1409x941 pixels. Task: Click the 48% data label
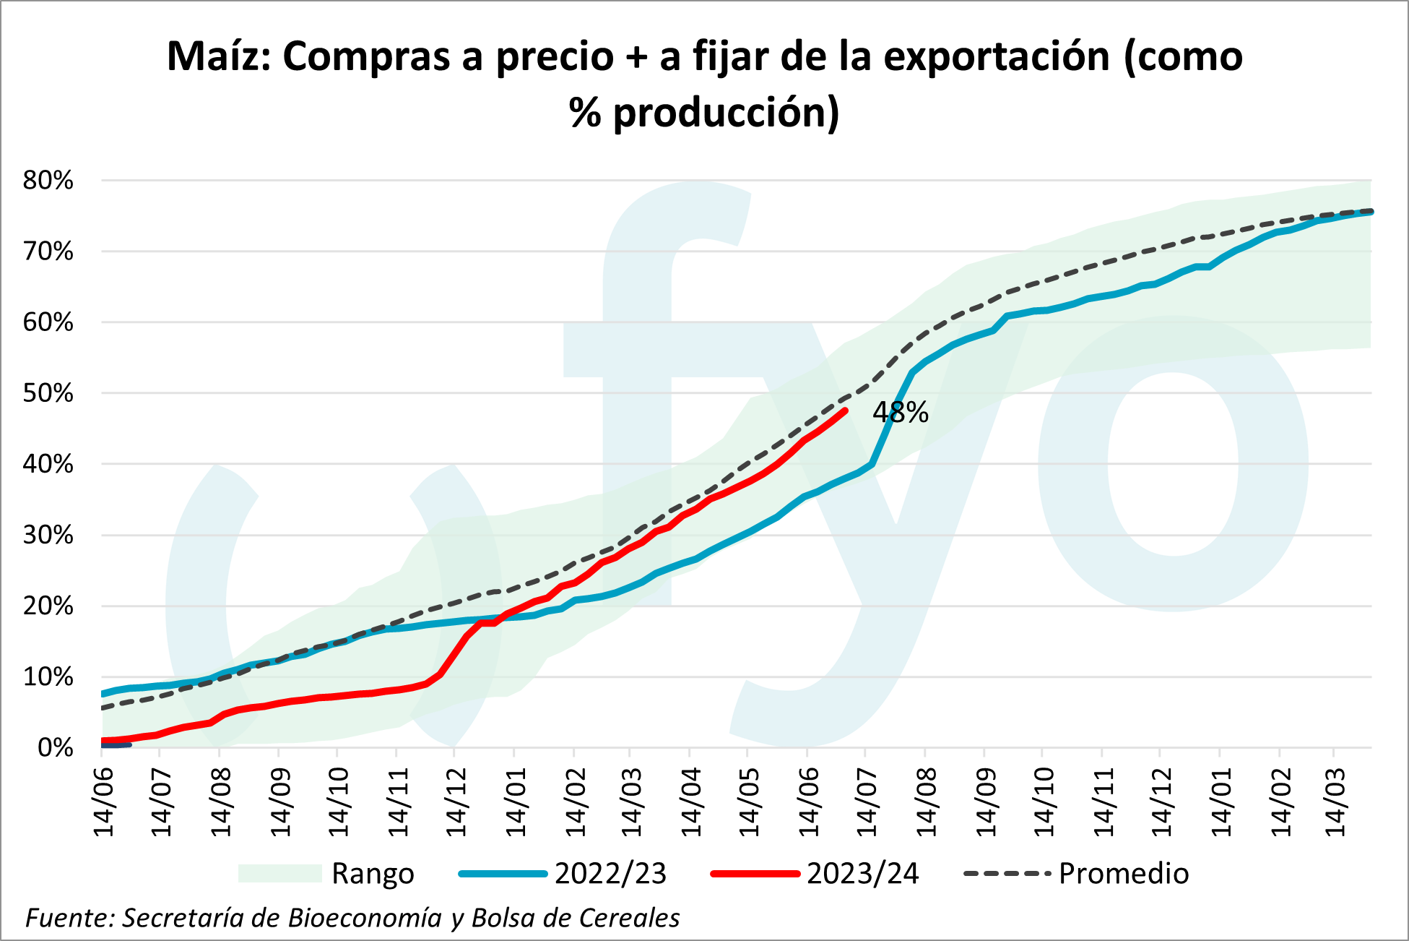coord(900,412)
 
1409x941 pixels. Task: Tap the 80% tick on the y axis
coord(48,180)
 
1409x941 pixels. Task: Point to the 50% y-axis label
coord(48,393)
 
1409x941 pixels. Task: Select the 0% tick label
coord(56,747)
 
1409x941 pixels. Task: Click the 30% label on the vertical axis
coord(48,535)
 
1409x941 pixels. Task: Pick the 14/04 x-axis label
coord(691,802)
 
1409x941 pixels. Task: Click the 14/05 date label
coord(750,802)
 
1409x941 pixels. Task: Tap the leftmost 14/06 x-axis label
coord(105,802)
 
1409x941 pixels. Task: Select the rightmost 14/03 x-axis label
coord(1337,802)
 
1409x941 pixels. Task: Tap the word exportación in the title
coord(997,56)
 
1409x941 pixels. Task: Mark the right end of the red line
coord(845,411)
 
